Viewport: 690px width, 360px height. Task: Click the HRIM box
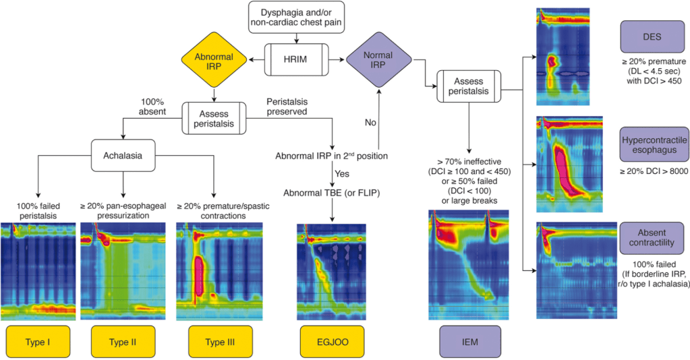click(296, 59)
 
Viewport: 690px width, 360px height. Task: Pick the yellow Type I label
click(37, 341)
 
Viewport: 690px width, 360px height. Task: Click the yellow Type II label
click(123, 341)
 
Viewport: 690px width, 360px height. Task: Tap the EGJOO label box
click(331, 341)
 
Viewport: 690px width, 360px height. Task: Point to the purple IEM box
click(470, 341)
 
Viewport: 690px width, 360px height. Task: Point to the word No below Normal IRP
click(370, 123)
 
